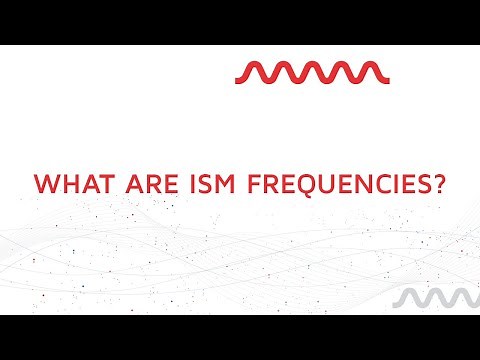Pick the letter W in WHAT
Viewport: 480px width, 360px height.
coord(45,184)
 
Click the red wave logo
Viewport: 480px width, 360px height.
coord(311,72)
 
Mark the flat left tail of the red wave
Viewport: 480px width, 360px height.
coord(241,79)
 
